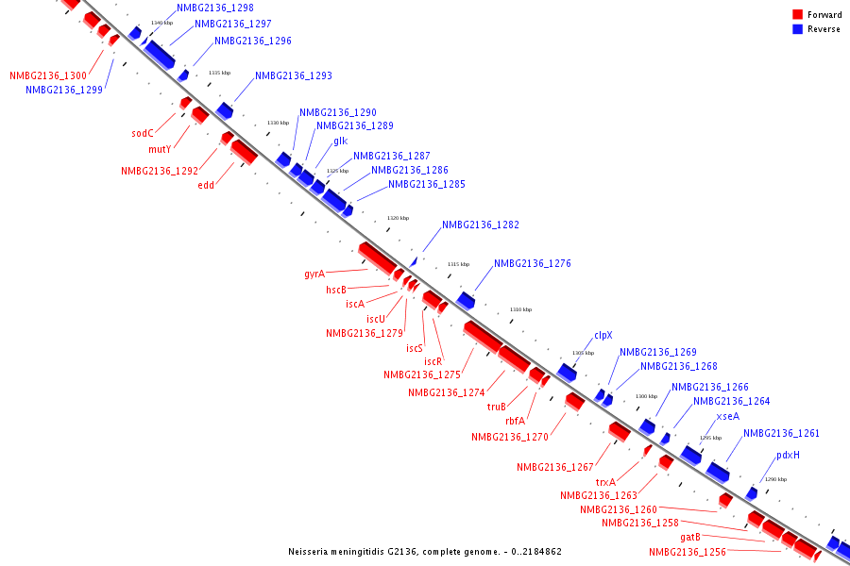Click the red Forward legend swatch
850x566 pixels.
(x=798, y=15)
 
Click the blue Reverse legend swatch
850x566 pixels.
(x=798, y=29)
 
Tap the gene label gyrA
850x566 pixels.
(x=314, y=275)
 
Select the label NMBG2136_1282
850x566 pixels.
(x=481, y=225)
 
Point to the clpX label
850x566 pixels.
(x=603, y=335)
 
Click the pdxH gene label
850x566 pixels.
(x=788, y=455)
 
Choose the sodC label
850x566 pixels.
(x=143, y=134)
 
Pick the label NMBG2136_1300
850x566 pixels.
(x=48, y=76)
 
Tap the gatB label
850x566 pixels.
(x=690, y=538)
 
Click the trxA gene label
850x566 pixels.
(x=605, y=482)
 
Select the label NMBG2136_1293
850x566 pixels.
(x=294, y=76)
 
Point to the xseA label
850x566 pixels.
(x=727, y=416)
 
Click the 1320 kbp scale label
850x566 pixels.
(x=398, y=218)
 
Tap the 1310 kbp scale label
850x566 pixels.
(x=520, y=309)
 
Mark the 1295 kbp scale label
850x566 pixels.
(x=710, y=438)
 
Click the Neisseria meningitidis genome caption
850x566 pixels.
(x=425, y=552)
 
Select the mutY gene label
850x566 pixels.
(x=160, y=149)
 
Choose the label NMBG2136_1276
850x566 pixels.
(x=533, y=264)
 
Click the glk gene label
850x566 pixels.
(x=340, y=141)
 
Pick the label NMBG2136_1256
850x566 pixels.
(x=688, y=553)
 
